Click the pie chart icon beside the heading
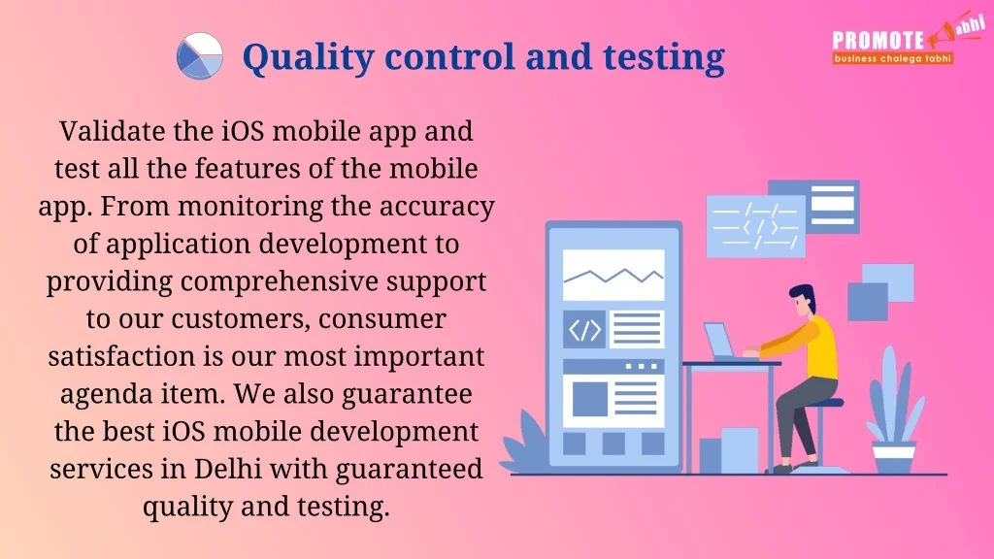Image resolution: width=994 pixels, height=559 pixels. (200, 55)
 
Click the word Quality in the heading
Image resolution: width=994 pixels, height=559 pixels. (308, 57)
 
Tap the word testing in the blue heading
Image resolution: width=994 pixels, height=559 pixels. (664, 57)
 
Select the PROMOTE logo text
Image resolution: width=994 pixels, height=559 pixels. (878, 41)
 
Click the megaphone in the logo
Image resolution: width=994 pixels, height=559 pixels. (942, 36)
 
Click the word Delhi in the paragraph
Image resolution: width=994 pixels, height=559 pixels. (227, 469)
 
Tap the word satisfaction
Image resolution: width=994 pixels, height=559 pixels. (122, 356)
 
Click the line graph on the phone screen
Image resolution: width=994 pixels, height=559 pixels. (613, 275)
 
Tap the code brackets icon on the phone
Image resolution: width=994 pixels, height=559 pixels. (584, 330)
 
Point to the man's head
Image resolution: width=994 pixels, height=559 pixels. (803, 300)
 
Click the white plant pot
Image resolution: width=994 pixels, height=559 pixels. (894, 458)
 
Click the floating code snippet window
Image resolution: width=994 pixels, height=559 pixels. (755, 225)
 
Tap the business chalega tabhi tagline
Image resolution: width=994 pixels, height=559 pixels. (893, 58)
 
